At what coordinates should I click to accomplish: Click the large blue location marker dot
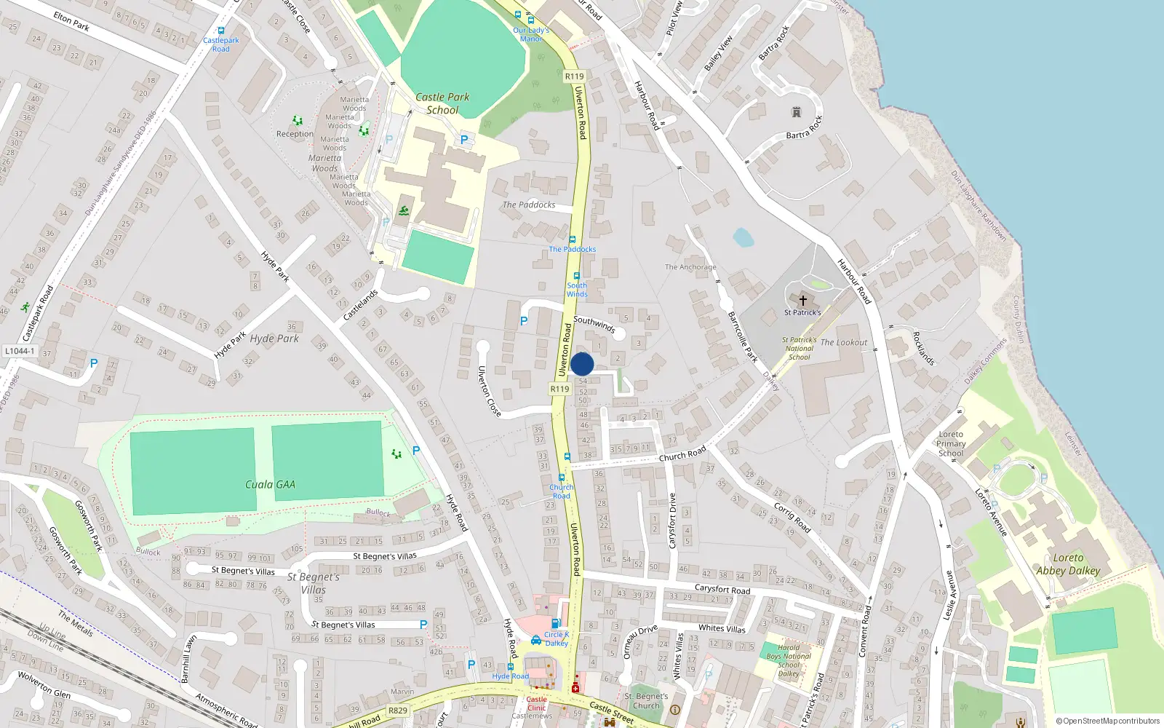pos(582,364)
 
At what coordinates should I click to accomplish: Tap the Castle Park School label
pos(442,103)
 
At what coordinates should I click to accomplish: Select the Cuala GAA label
pos(270,484)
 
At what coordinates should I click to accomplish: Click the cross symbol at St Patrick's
pos(803,301)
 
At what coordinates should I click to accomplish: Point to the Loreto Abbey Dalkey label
pos(1068,564)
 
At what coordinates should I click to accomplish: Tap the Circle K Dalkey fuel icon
pos(555,623)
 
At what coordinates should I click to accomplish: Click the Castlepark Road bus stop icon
pos(221,31)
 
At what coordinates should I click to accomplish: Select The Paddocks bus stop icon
pos(572,240)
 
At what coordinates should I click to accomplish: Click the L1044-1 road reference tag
pos(20,351)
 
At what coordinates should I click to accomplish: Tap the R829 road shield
pos(398,711)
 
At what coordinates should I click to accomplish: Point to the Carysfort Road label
pos(722,588)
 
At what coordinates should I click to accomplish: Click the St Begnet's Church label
pos(646,700)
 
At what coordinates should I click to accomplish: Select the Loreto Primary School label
pos(951,443)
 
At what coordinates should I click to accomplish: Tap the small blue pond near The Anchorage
pos(743,237)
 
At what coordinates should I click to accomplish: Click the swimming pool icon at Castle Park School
pos(403,211)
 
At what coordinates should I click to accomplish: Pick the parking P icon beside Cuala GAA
pos(416,451)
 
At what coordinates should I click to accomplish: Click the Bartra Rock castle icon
pos(796,112)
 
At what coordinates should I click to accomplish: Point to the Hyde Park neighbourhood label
pos(274,339)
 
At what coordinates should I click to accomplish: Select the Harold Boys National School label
pos(789,660)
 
